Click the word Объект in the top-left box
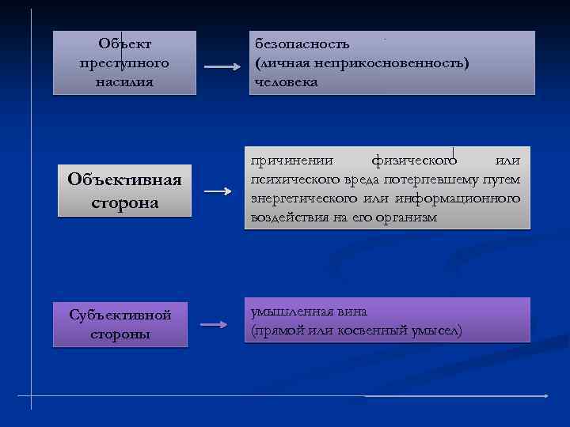[124, 43]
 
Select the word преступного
[124, 62]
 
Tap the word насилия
[124, 81]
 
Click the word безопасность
[302, 43]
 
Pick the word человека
[287, 81]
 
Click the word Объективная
[124, 180]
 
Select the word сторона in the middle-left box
[124, 202]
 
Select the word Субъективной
[120, 315]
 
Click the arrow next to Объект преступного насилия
[222, 67]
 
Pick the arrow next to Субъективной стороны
[215, 324]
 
